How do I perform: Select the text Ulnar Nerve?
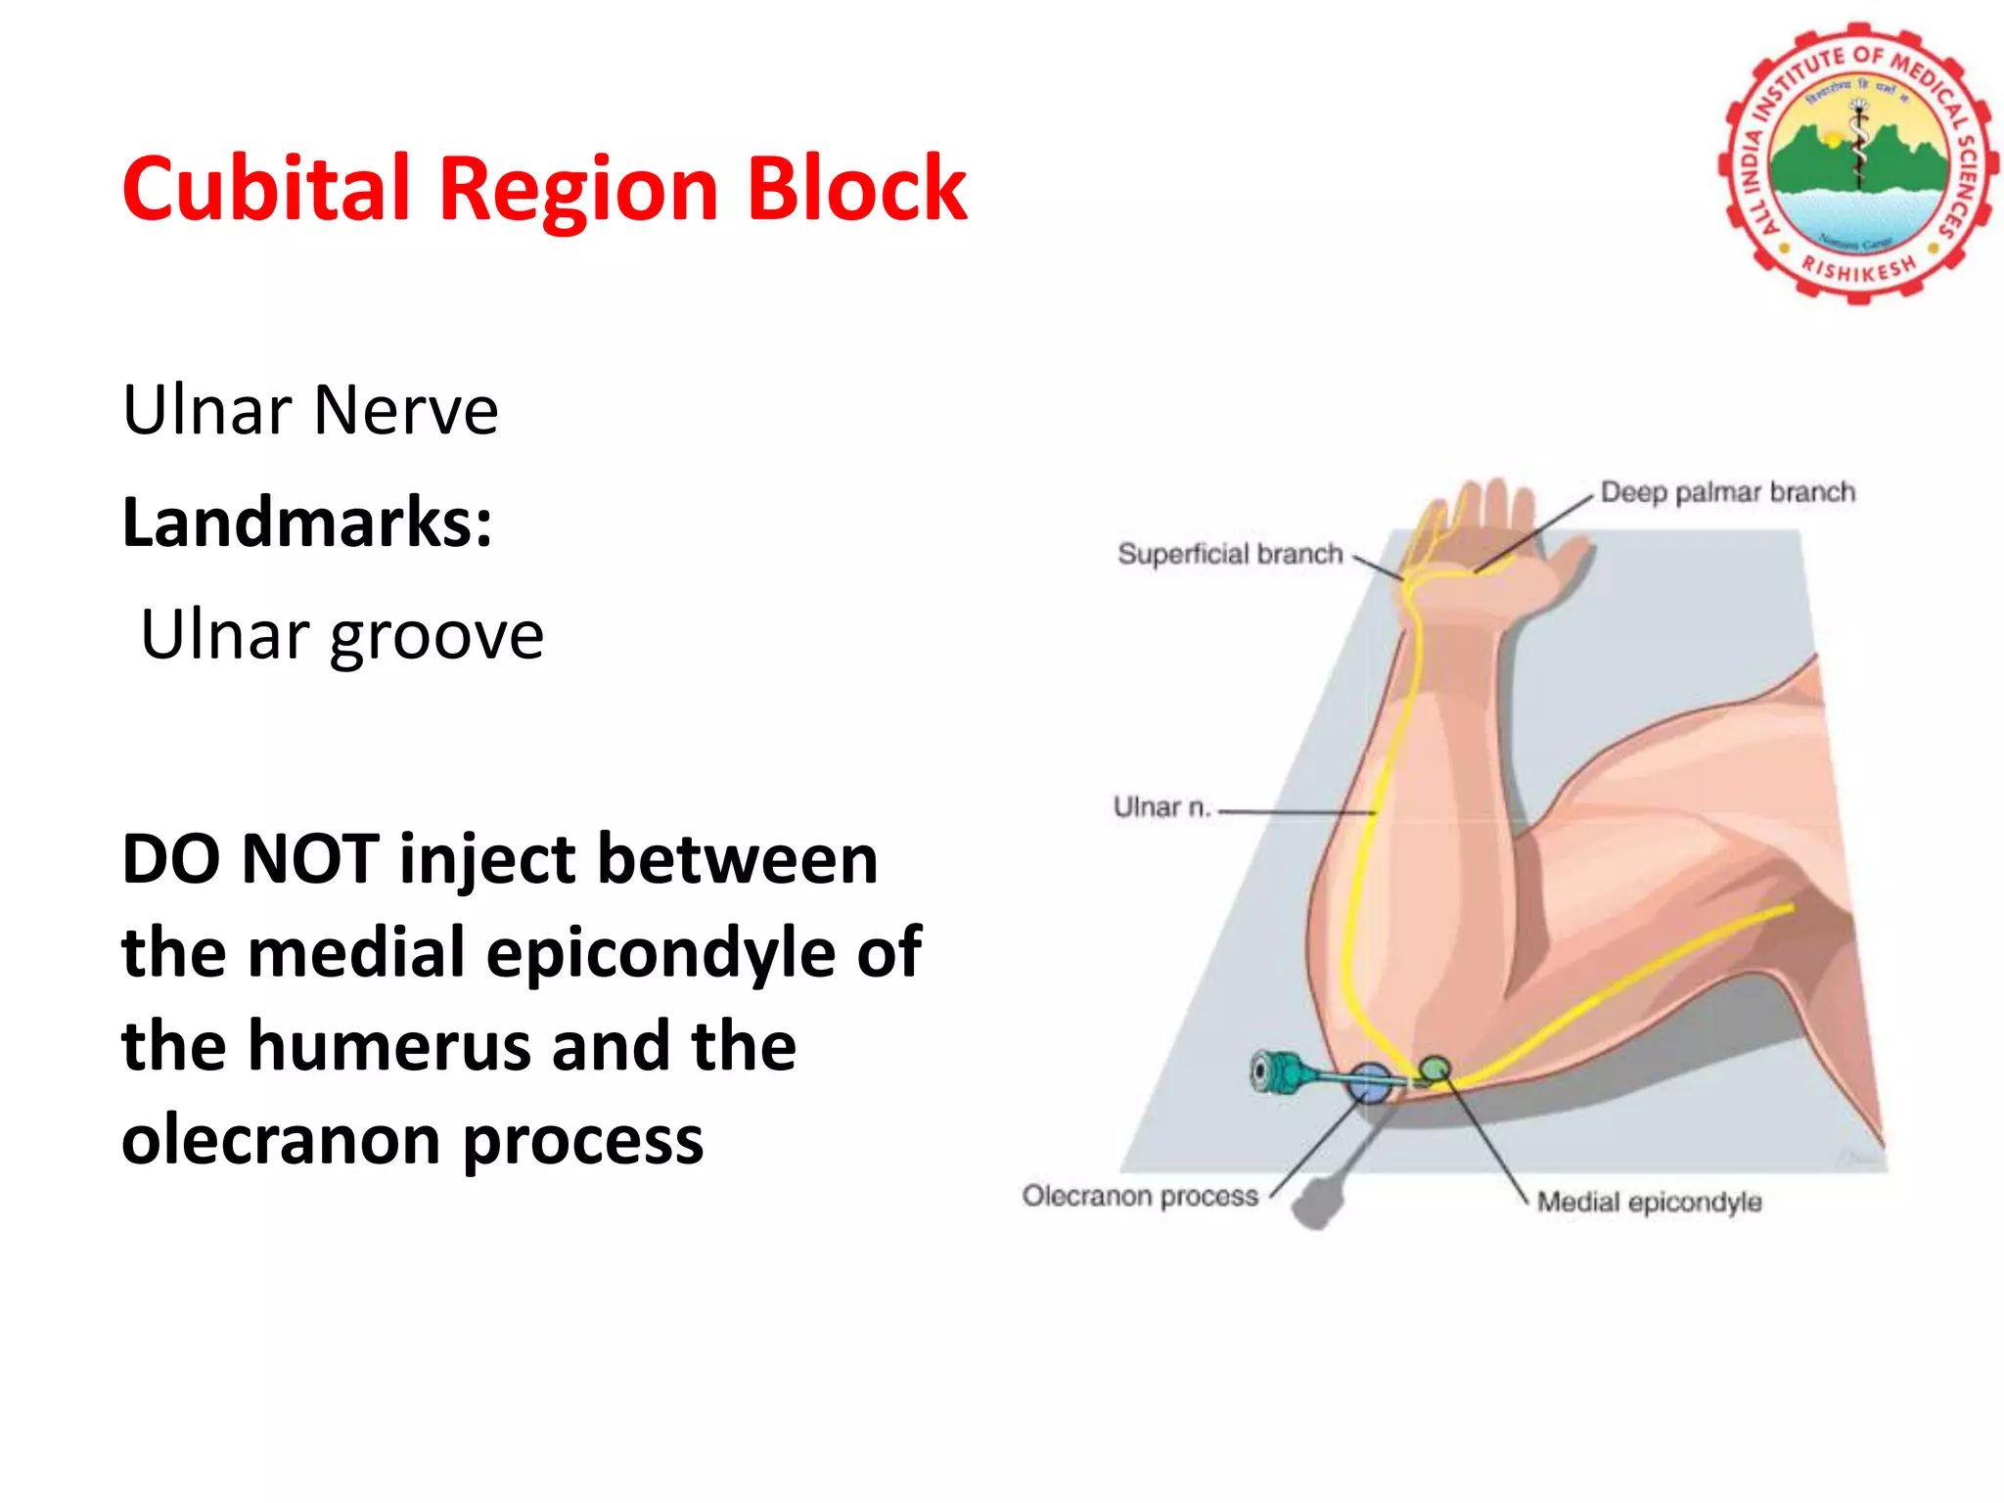pos(310,410)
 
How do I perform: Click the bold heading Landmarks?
pos(307,523)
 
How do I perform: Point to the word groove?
pos(436,636)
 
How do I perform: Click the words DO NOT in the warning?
pos(250,859)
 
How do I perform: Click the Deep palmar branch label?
pos(1727,492)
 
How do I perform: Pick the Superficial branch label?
pos(1230,554)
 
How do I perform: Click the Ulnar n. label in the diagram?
pos(1161,807)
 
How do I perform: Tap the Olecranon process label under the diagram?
pos(1140,1196)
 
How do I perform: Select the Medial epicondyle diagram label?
pos(1649,1202)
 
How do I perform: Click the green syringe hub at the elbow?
pos(1274,1071)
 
